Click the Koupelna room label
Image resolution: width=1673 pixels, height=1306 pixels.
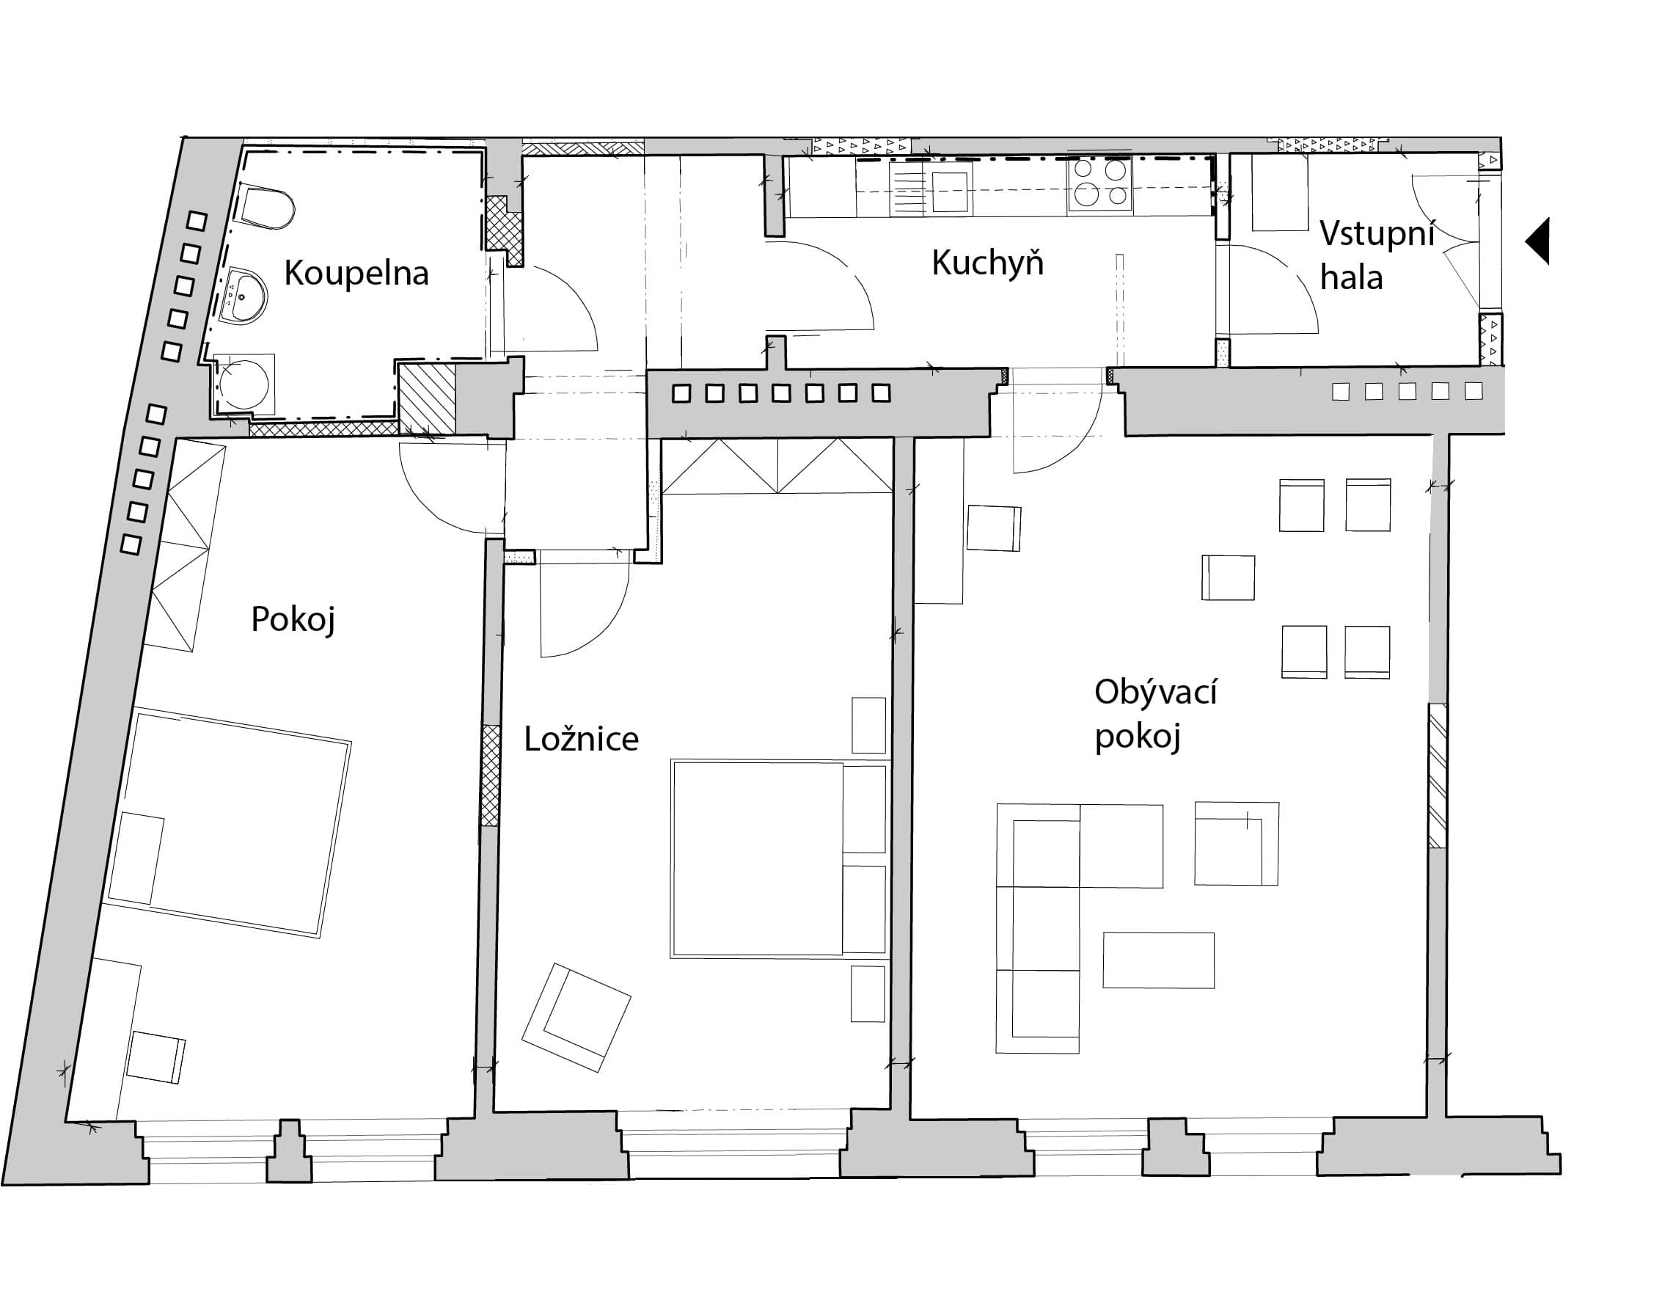click(x=356, y=273)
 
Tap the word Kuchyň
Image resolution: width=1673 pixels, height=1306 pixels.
click(x=987, y=262)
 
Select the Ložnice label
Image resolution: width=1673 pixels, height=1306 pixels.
click(x=581, y=739)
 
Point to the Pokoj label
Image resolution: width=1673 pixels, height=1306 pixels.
click(x=293, y=619)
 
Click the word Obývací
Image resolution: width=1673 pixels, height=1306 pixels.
click(x=1155, y=692)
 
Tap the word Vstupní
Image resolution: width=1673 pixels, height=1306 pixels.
click(x=1377, y=233)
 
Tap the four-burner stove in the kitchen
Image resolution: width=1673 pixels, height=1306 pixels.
click(x=1100, y=184)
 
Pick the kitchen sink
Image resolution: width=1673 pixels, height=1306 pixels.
click(x=950, y=190)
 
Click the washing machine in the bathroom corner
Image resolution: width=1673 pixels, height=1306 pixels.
click(x=244, y=384)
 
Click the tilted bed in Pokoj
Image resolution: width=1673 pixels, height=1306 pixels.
click(x=228, y=825)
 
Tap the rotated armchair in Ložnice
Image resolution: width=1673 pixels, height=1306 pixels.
click(x=576, y=1017)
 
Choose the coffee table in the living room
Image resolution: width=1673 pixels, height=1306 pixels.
click(x=1158, y=960)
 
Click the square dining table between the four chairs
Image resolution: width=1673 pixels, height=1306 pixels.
click(x=1228, y=577)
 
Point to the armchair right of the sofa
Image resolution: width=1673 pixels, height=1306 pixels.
click(x=1237, y=843)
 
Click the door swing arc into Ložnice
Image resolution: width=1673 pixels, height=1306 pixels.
click(x=607, y=624)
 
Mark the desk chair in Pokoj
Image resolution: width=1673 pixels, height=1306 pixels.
click(x=156, y=1057)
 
